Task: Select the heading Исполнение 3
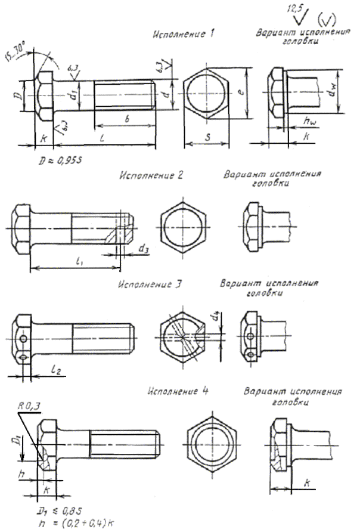[150, 283]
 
